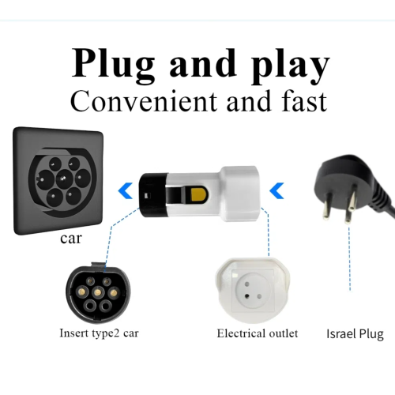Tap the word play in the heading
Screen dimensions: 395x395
(x=290, y=66)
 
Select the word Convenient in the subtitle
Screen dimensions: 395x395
(x=144, y=101)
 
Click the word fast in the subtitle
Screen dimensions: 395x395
(x=304, y=101)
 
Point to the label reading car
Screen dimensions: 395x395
(x=71, y=239)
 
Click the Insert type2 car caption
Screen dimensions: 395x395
(x=99, y=333)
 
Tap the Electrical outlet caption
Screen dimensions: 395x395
(x=258, y=333)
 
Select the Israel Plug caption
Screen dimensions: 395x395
(x=355, y=333)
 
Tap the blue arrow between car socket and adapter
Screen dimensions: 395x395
(x=126, y=190)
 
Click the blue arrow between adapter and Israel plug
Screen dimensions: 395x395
(x=276, y=190)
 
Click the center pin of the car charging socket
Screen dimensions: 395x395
(x=64, y=179)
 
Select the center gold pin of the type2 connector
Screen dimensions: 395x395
(x=98, y=292)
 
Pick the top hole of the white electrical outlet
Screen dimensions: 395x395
(x=247, y=284)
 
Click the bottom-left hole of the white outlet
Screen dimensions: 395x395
(x=247, y=296)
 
